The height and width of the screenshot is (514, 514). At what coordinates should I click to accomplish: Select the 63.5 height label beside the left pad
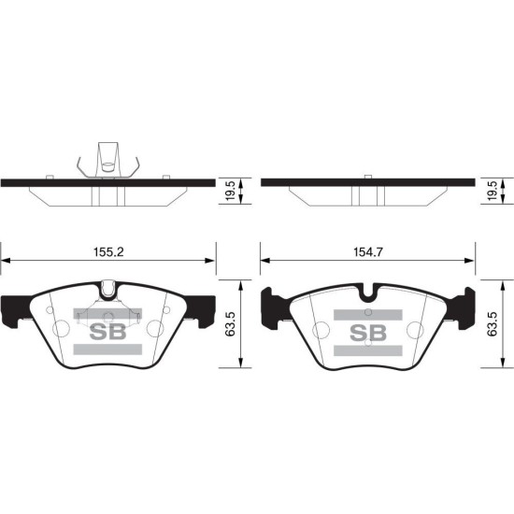coord(230,324)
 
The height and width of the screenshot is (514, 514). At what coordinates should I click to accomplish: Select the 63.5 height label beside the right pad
coord(493,324)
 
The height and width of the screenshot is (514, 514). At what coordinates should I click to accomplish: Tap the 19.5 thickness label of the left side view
coord(230,191)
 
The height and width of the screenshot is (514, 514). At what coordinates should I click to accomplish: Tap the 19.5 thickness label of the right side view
coord(493,191)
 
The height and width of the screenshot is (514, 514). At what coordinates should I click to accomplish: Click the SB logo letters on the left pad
coord(107,332)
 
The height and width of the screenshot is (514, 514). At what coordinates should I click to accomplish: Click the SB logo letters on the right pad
coord(368,333)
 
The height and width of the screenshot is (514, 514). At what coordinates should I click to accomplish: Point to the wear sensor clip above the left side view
coord(108,160)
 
